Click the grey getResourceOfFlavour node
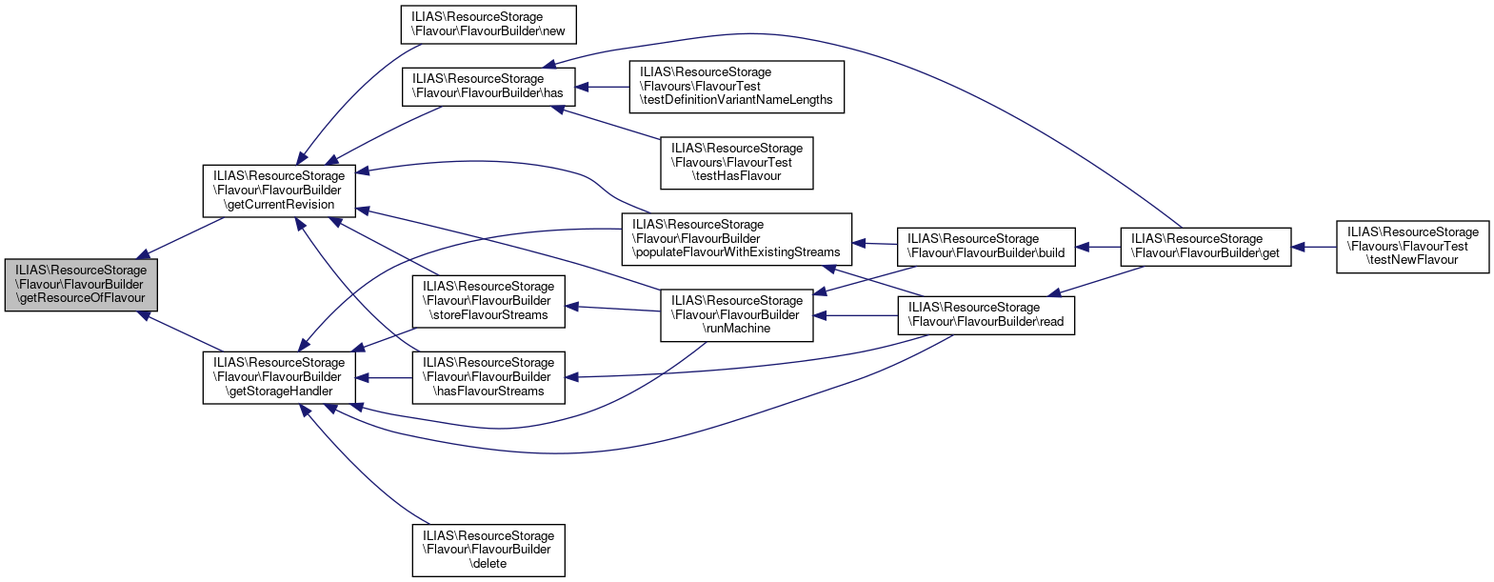coord(81,284)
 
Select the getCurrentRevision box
coord(279,190)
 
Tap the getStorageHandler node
coord(279,376)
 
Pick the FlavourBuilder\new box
coord(488,24)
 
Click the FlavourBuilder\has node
coord(488,86)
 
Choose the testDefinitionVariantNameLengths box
coord(736,86)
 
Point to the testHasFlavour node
coord(736,162)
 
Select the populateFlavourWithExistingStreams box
coord(736,238)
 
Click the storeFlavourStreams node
coord(488,300)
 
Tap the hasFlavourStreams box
coord(488,376)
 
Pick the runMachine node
coord(736,314)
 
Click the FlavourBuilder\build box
coord(986,246)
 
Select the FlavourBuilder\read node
coord(986,314)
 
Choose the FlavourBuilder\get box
coord(1205,246)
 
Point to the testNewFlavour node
coord(1412,246)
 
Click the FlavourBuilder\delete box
coord(488,550)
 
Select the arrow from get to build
coord(1098,247)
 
